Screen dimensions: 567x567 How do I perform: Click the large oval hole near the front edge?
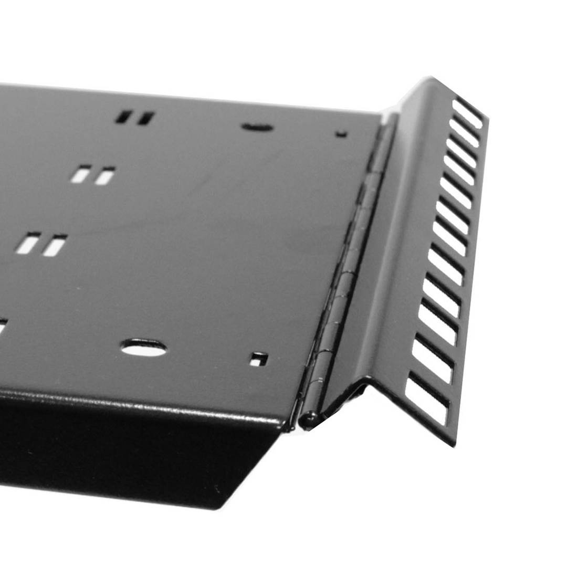[143, 348]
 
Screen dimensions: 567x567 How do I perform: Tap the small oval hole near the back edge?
[257, 127]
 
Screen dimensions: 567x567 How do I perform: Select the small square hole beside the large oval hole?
[258, 360]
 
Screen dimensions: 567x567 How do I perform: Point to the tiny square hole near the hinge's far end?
[341, 134]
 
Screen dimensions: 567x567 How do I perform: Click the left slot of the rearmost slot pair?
[124, 117]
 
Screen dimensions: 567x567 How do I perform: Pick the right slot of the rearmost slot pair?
[145, 118]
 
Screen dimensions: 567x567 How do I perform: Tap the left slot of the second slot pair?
[81, 174]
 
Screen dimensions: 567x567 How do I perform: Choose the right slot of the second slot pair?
[104, 176]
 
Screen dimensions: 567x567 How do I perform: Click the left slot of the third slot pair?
[28, 243]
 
